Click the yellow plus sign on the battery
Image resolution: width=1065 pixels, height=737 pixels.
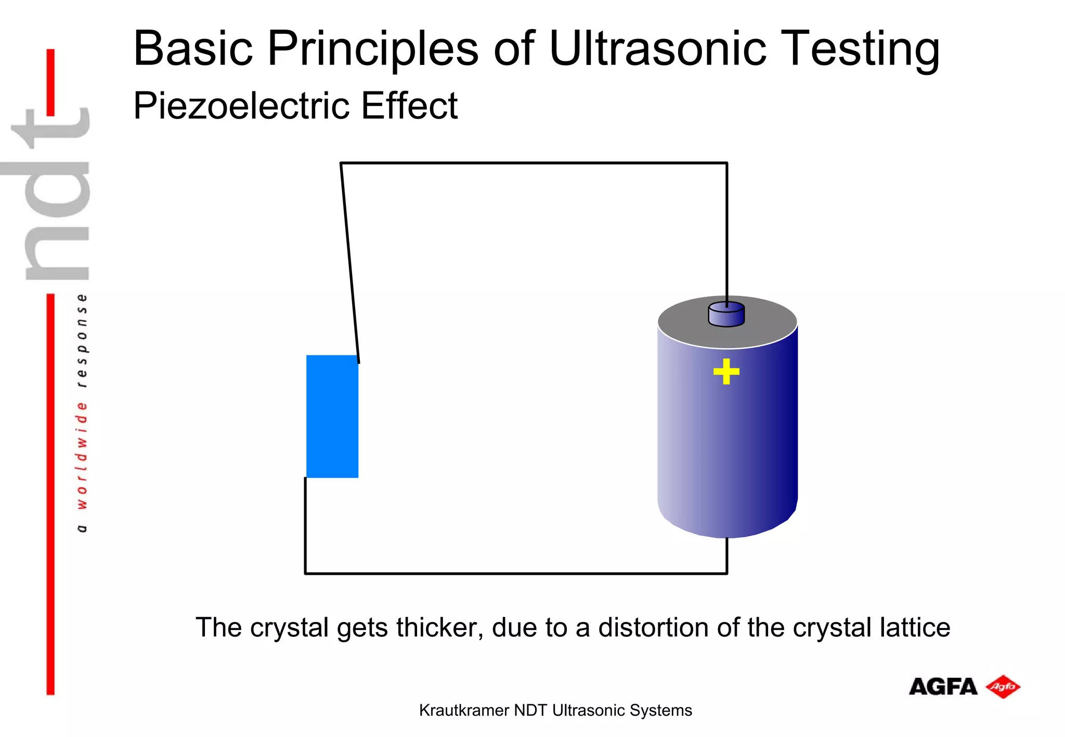pyautogui.click(x=726, y=372)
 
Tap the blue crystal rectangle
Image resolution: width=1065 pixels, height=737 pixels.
pyautogui.click(x=332, y=416)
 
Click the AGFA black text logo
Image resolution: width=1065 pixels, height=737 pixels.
pyautogui.click(x=943, y=687)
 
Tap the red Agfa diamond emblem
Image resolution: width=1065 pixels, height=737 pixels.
pyautogui.click(x=1003, y=687)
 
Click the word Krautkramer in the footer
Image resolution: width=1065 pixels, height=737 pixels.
pyautogui.click(x=464, y=710)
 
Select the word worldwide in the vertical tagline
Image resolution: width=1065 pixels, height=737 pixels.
pyautogui.click(x=82, y=455)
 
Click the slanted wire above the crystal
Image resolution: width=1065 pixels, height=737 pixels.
pyautogui.click(x=349, y=260)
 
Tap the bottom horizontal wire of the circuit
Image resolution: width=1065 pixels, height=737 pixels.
pyautogui.click(x=515, y=573)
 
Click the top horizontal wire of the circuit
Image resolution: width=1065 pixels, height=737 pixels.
pyautogui.click(x=533, y=163)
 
